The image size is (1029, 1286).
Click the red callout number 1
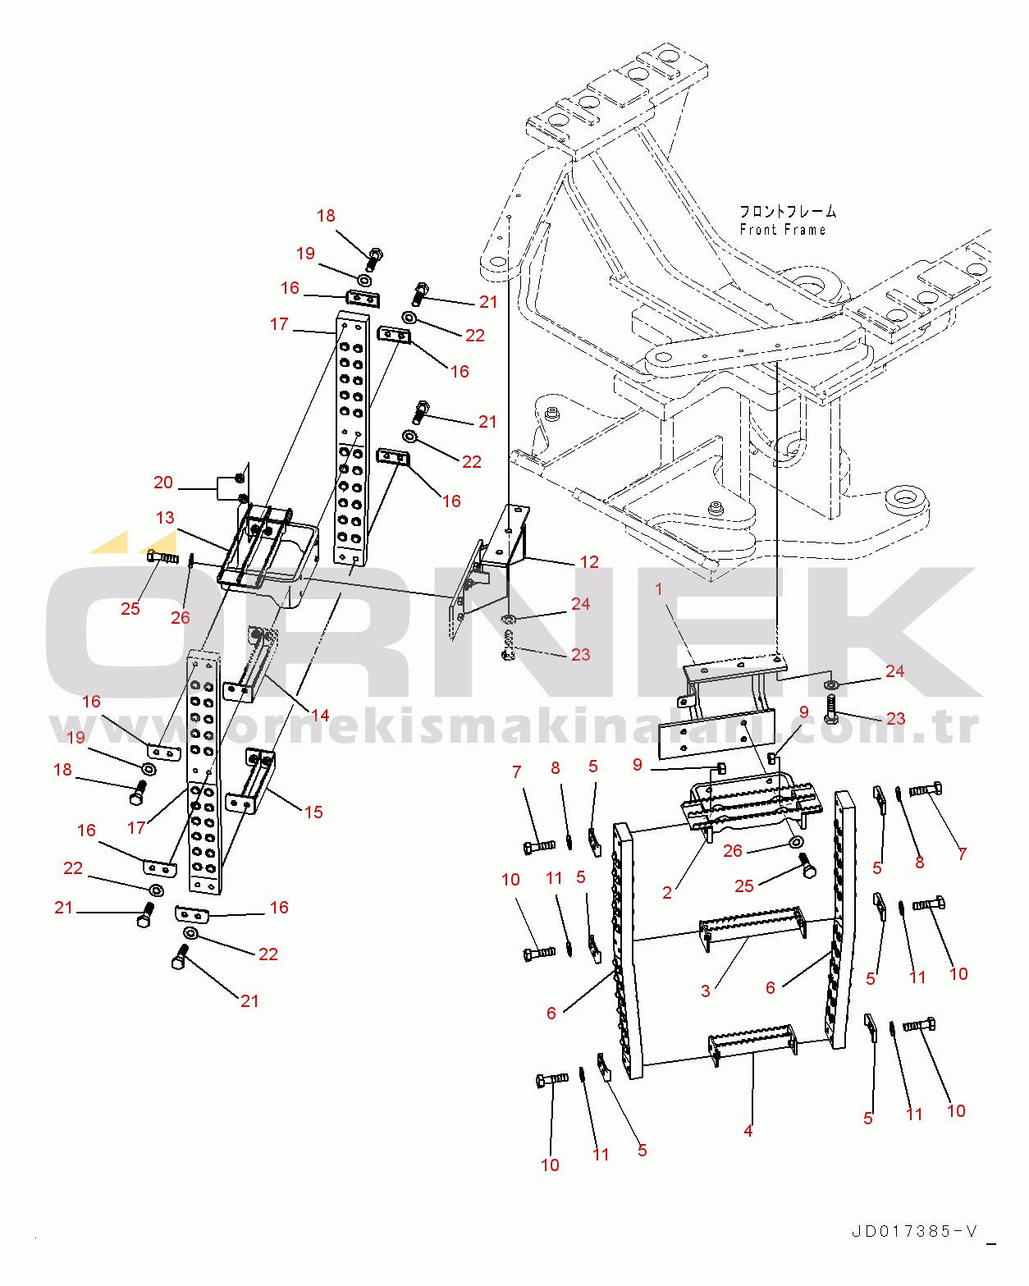point(658,589)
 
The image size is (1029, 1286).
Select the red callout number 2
point(667,893)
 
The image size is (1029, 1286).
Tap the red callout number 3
point(706,991)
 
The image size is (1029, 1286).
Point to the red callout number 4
point(748,1131)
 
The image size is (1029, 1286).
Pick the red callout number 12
point(589,562)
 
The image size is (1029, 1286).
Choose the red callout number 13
point(165,518)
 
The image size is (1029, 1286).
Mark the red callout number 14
point(320,716)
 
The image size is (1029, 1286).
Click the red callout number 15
point(313,812)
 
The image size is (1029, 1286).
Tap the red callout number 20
point(163,483)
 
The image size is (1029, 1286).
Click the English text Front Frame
point(782,231)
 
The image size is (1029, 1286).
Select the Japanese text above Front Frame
point(787,212)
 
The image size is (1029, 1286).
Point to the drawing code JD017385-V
point(914,1231)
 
